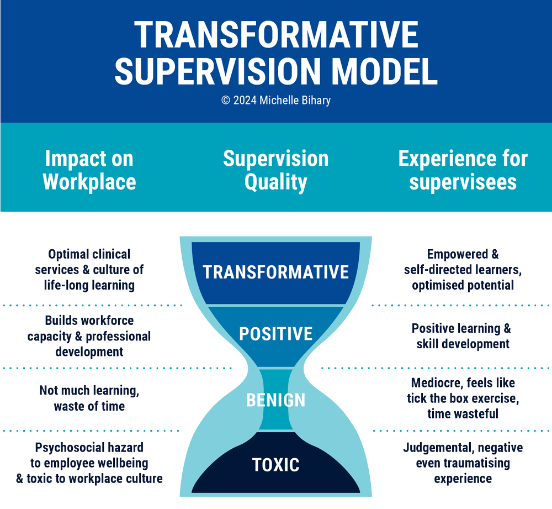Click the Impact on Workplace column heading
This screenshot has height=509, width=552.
[89, 170]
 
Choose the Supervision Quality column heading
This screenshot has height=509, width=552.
[275, 170]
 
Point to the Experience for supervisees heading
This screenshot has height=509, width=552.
[463, 170]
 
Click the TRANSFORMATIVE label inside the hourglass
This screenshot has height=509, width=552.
[275, 272]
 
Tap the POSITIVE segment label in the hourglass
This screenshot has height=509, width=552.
[275, 334]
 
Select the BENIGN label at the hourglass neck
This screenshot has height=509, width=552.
[275, 400]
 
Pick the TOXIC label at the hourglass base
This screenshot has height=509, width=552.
[275, 465]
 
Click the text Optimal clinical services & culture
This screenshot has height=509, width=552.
[89, 270]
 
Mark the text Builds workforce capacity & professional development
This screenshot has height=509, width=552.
[89, 336]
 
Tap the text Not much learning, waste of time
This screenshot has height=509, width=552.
[89, 398]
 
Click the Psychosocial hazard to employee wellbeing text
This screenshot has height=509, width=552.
[89, 463]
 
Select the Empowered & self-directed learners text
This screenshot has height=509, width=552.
[463, 270]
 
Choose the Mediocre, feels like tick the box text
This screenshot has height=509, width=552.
[463, 398]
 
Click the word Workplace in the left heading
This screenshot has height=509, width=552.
[89, 181]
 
